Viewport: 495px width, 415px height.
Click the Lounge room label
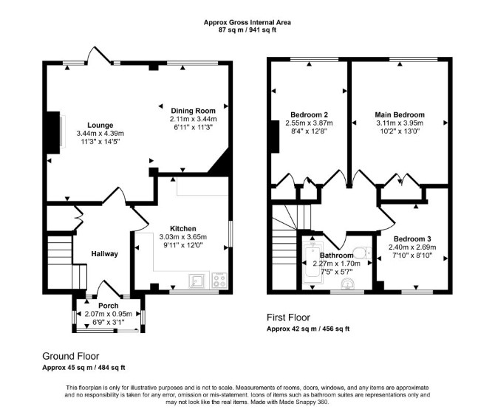click(100, 126)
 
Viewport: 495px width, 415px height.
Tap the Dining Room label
click(194, 111)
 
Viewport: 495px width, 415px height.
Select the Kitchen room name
click(183, 228)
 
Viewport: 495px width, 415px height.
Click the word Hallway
click(104, 254)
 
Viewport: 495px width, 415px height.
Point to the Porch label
click(109, 306)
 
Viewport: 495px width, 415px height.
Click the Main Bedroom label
click(400, 114)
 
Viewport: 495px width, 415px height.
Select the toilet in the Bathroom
click(362, 253)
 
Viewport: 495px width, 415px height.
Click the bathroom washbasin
click(348, 284)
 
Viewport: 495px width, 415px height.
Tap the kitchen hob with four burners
click(219, 281)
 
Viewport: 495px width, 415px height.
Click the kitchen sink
click(197, 281)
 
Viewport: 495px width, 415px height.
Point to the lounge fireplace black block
click(53, 132)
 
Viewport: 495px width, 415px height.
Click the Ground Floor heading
click(71, 357)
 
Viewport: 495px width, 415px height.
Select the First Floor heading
click(289, 318)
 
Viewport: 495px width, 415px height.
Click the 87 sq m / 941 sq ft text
click(247, 30)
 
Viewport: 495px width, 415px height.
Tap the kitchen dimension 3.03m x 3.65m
click(183, 237)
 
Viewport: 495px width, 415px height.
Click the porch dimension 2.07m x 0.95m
click(109, 314)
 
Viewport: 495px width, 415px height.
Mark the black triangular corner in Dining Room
click(222, 164)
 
